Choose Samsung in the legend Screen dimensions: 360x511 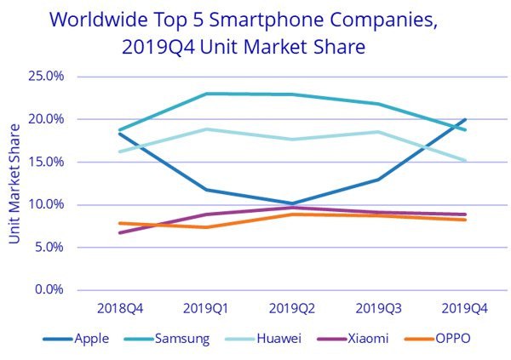coord(181,338)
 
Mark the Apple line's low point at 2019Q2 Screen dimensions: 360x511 coord(292,203)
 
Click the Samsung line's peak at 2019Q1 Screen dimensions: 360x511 coord(205,94)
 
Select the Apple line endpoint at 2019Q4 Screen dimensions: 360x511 coord(466,119)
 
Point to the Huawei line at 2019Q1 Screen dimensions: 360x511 coord(205,129)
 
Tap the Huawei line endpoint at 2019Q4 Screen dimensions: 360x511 coord(466,160)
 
